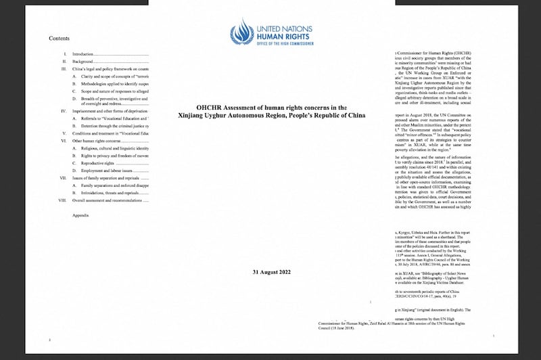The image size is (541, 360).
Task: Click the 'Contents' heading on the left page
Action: (60, 39)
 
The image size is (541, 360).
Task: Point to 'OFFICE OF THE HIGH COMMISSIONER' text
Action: (283, 45)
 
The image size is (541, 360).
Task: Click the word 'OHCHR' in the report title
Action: (210, 108)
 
